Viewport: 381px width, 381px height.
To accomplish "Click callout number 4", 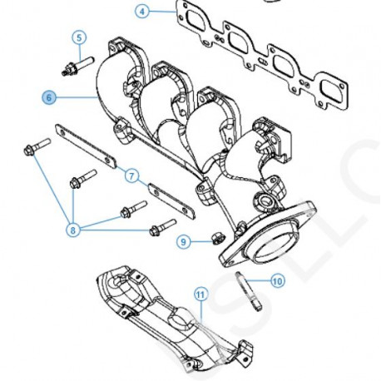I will (x=142, y=12).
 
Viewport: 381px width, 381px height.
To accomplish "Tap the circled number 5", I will (x=79, y=37).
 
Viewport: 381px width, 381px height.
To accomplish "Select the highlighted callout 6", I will (x=49, y=97).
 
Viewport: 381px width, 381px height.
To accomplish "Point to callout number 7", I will (x=131, y=176).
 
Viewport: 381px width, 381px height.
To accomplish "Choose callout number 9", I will (x=184, y=242).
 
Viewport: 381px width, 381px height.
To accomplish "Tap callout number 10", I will (x=277, y=282).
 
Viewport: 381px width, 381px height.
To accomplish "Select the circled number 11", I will (x=200, y=294).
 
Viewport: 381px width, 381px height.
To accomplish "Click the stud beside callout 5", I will (x=72, y=63).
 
